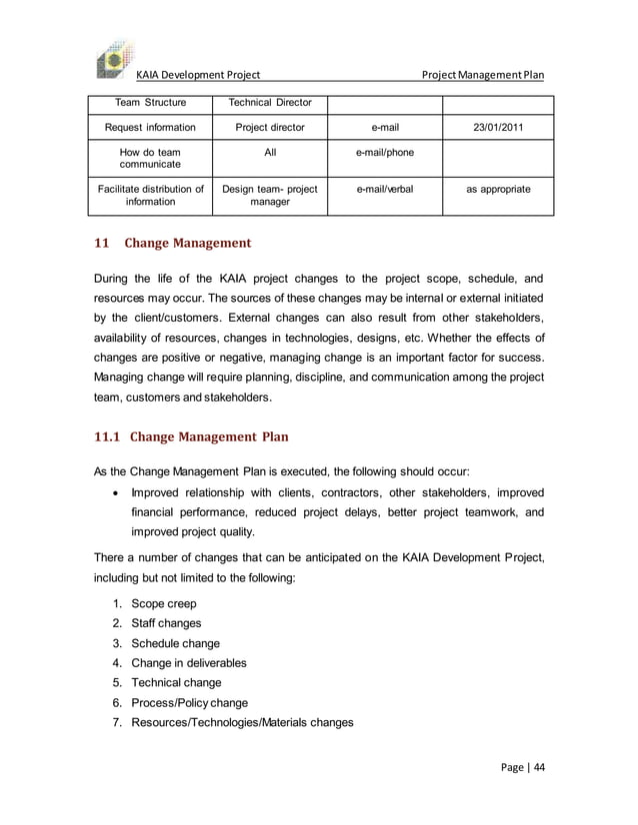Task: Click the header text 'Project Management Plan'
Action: click(x=483, y=74)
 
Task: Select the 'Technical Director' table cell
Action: click(x=270, y=102)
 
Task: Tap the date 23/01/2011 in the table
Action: click(x=497, y=127)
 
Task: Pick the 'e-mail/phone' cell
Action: click(x=385, y=152)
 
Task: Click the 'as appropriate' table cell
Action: click(x=498, y=187)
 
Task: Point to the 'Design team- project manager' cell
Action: click(x=270, y=195)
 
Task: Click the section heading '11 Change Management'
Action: click(x=172, y=243)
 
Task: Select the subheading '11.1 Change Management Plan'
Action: click(x=191, y=436)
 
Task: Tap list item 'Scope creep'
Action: click(x=164, y=603)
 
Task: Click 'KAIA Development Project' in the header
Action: click(x=198, y=74)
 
